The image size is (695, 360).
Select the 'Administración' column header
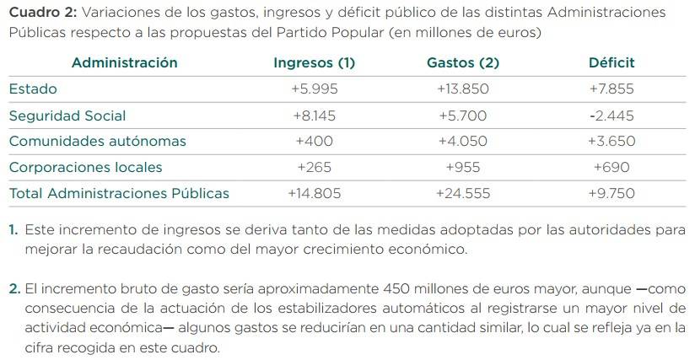pyautogui.click(x=125, y=62)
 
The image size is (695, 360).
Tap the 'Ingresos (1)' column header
pyautogui.click(x=315, y=62)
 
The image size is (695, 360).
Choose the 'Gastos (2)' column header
pyautogui.click(x=463, y=62)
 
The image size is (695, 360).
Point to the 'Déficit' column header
pyautogui.click(x=611, y=62)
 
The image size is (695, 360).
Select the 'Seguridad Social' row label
pyautogui.click(x=67, y=115)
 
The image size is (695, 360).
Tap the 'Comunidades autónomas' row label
pyautogui.click(x=97, y=141)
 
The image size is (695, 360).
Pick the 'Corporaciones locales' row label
pyautogui.click(x=85, y=167)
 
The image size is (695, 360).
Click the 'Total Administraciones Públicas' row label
pyautogui.click(x=119, y=193)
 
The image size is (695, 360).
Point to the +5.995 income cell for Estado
pyautogui.click(x=315, y=89)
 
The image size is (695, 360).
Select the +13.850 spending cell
pyautogui.click(x=463, y=89)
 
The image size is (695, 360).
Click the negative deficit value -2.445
pyautogui.click(x=611, y=115)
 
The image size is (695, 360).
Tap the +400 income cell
pyautogui.click(x=315, y=141)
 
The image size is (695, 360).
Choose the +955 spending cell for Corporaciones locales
pyautogui.click(x=463, y=167)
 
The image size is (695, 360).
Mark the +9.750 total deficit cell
pyautogui.click(x=611, y=193)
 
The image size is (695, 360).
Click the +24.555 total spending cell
pyautogui.click(x=463, y=193)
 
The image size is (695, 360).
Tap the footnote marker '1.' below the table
pyautogui.click(x=13, y=229)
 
